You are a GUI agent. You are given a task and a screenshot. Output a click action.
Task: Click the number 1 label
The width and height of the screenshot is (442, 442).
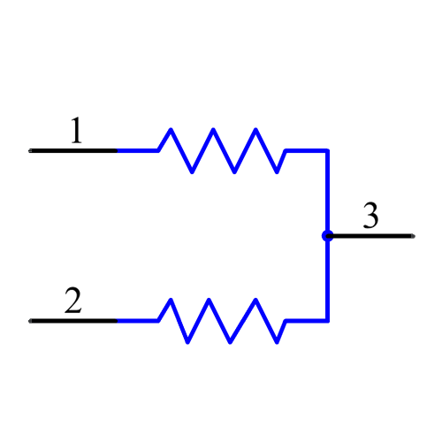click(x=76, y=131)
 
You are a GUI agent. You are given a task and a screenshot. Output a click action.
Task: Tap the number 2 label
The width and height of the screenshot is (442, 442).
click(x=72, y=301)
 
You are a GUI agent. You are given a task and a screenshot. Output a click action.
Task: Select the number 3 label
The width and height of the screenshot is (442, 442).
click(x=370, y=216)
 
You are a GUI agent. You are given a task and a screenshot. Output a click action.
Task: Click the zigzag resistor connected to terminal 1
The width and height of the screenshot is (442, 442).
click(x=221, y=150)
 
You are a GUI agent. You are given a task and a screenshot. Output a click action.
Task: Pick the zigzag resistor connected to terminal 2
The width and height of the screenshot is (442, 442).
click(x=221, y=320)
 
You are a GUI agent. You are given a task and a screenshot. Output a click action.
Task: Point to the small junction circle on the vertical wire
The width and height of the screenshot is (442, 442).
click(x=327, y=236)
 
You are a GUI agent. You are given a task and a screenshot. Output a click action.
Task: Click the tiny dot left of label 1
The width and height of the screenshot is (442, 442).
click(x=30, y=150)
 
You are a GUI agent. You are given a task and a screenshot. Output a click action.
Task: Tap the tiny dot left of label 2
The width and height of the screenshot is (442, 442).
click(x=30, y=320)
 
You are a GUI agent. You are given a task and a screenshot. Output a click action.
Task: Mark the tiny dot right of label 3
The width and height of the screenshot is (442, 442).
click(x=413, y=236)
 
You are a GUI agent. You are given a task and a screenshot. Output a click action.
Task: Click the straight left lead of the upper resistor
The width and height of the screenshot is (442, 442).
click(x=137, y=150)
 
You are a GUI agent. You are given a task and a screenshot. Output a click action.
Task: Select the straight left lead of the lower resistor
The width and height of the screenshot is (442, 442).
click(x=137, y=320)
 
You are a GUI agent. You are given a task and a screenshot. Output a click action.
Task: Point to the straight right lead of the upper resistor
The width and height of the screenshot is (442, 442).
click(x=306, y=150)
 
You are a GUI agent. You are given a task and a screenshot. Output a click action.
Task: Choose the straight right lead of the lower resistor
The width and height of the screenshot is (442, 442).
click(x=306, y=320)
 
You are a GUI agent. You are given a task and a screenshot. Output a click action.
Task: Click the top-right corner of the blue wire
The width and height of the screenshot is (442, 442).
click(x=327, y=150)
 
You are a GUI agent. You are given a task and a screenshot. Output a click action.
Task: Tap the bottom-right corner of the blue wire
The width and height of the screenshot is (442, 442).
click(x=327, y=320)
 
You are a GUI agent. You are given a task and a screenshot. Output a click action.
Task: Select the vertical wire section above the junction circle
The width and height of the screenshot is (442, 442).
click(x=327, y=190)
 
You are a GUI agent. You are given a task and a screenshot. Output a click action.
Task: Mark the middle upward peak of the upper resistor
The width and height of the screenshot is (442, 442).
click(x=213, y=131)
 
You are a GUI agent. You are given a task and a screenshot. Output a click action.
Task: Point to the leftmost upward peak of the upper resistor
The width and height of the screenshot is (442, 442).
click(x=170, y=131)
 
